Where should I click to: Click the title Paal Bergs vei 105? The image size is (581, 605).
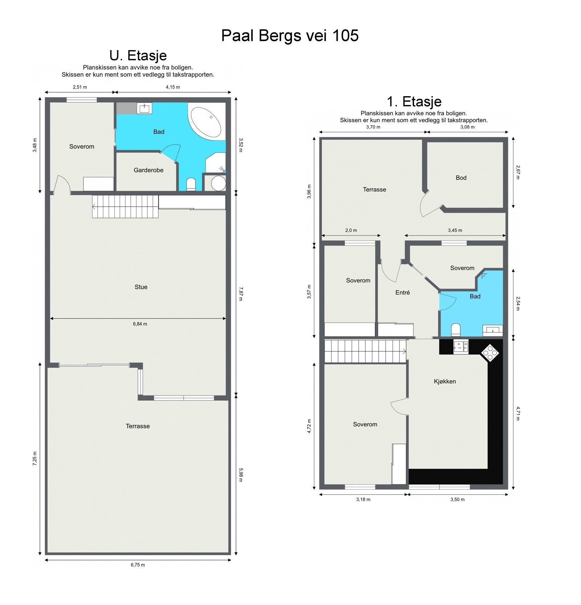tap(290, 36)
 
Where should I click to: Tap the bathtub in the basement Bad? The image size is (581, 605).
tap(206, 122)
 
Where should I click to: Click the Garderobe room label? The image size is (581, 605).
tap(149, 170)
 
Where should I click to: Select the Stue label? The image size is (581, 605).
tap(141, 287)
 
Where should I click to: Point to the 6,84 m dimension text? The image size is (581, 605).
tap(140, 324)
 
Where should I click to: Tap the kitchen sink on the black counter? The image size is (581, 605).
tap(461, 347)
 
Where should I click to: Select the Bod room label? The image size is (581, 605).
tap(461, 177)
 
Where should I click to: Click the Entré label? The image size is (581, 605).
tap(403, 292)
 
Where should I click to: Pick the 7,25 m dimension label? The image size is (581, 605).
tap(35, 458)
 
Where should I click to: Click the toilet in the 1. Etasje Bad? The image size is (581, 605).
tap(455, 330)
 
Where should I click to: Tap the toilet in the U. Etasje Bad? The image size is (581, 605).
tap(191, 184)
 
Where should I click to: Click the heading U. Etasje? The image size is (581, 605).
tap(138, 56)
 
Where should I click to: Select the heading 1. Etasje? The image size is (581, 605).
tap(414, 101)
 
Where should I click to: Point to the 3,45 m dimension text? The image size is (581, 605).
tap(455, 230)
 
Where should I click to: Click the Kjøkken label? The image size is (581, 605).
tap(445, 381)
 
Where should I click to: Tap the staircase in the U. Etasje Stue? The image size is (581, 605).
tap(125, 207)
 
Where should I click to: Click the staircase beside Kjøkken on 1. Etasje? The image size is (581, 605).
tap(365, 351)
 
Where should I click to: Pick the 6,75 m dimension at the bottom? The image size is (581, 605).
tap(138, 565)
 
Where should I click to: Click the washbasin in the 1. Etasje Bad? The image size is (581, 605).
tap(493, 330)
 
